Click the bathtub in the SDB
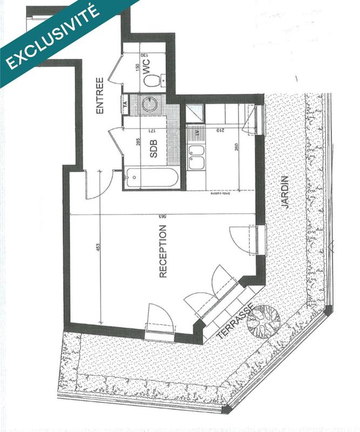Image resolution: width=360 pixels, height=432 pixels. coord(151,178)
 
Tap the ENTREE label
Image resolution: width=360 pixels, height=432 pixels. coord(99,96)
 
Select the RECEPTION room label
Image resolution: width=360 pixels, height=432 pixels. coord(163,251)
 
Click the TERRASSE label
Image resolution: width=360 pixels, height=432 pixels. coord(234,322)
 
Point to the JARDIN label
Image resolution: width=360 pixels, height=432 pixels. coord(285,192)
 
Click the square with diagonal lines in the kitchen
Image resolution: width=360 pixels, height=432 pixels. coord(193,113)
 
